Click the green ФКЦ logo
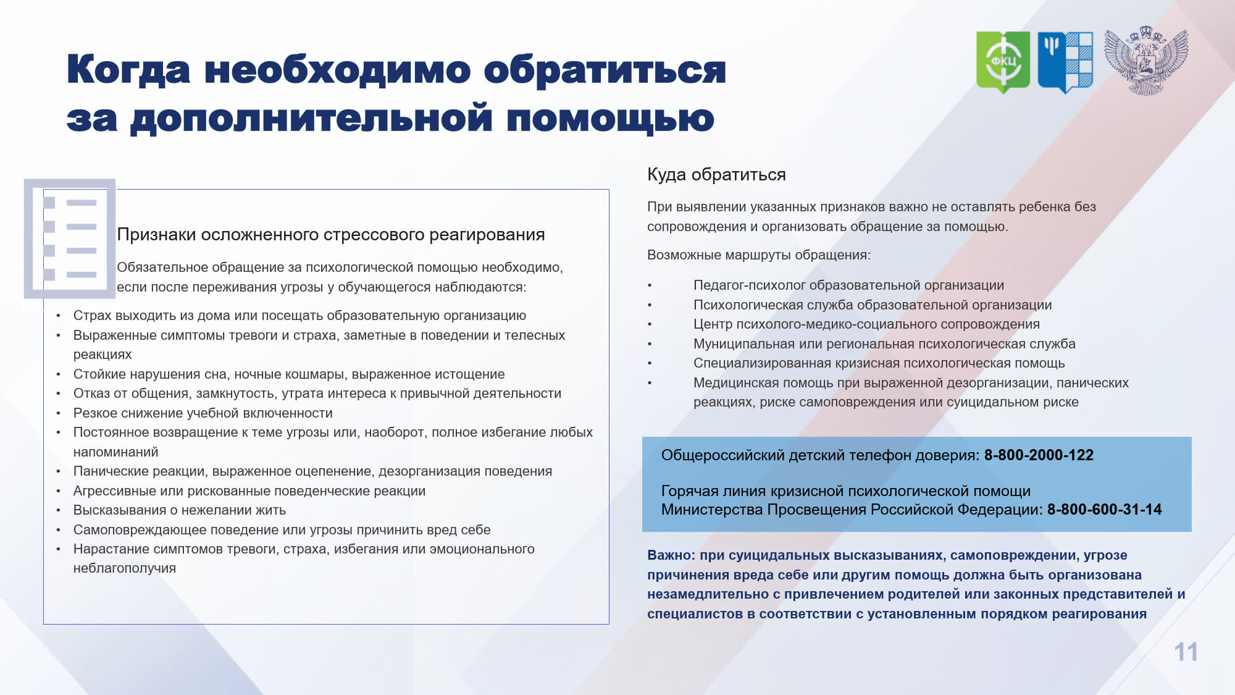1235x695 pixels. click(x=1003, y=62)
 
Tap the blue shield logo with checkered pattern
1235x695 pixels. click(x=1065, y=62)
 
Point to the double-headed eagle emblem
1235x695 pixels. click(x=1146, y=61)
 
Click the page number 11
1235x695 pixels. click(x=1186, y=652)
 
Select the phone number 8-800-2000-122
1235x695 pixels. click(x=1039, y=455)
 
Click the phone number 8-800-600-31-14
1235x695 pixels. click(x=1104, y=510)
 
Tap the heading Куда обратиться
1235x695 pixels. click(x=716, y=175)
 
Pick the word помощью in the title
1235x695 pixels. click(x=610, y=119)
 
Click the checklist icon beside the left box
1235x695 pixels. click(x=70, y=238)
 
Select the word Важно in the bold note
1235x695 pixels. click(x=671, y=555)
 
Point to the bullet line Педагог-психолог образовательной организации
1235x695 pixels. click(x=848, y=285)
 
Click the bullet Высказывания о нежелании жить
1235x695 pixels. click(x=180, y=510)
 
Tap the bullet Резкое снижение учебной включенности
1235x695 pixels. click(x=203, y=413)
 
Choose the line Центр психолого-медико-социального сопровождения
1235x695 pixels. click(x=866, y=324)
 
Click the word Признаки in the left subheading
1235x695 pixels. click(x=157, y=235)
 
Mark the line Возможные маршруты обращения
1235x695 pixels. click(x=759, y=255)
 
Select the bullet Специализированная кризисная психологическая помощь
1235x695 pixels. click(x=879, y=363)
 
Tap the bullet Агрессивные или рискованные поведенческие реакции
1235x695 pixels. click(x=249, y=491)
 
